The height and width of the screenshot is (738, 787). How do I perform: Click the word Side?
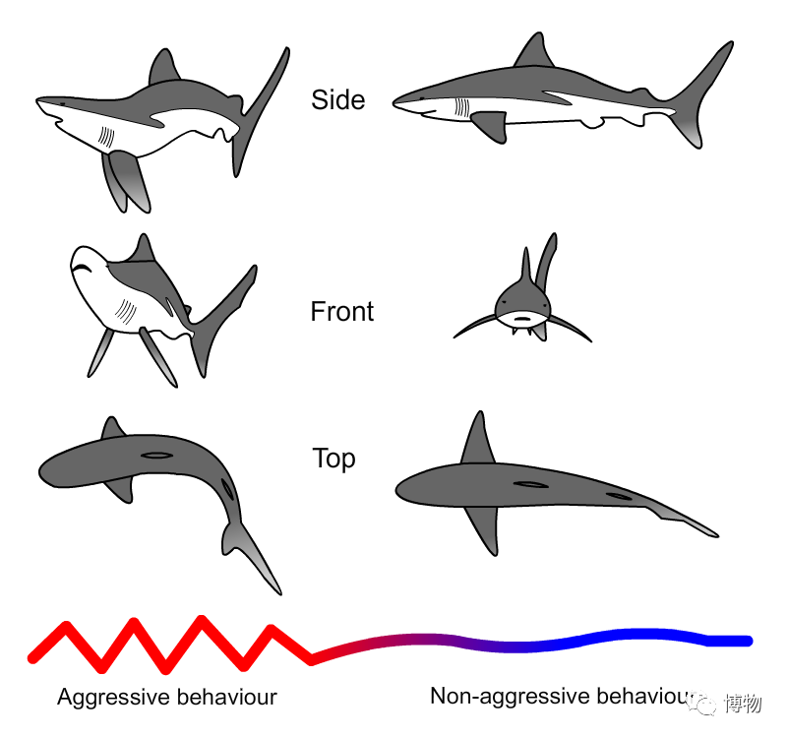pyautogui.click(x=337, y=99)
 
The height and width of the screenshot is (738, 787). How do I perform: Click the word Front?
pyautogui.click(x=341, y=311)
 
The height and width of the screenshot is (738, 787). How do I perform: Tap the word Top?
pyautogui.click(x=333, y=459)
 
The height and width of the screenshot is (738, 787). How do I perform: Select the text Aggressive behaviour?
pyautogui.click(x=167, y=697)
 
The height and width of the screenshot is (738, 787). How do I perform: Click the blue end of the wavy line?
pyautogui.click(x=748, y=642)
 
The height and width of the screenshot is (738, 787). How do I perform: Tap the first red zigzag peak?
pyautogui.click(x=66, y=626)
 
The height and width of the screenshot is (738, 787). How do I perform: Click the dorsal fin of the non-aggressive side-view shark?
pyautogui.click(x=535, y=51)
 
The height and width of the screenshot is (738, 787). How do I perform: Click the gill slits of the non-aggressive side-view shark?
pyautogui.click(x=461, y=108)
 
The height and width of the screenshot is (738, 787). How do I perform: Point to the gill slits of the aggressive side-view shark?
pyautogui.click(x=106, y=137)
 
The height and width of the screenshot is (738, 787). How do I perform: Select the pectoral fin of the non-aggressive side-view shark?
pyautogui.click(x=490, y=126)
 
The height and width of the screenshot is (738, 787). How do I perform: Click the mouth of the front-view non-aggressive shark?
pyautogui.click(x=522, y=317)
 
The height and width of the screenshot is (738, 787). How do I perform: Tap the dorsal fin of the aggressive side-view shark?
pyautogui.click(x=163, y=66)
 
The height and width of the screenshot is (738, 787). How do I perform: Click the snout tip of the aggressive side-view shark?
pyautogui.click(x=37, y=101)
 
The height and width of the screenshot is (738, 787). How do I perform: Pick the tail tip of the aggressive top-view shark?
pyautogui.click(x=279, y=592)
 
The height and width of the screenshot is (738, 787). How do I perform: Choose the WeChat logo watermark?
pyautogui.click(x=702, y=704)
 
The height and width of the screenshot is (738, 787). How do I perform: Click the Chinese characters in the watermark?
pyautogui.click(x=744, y=704)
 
